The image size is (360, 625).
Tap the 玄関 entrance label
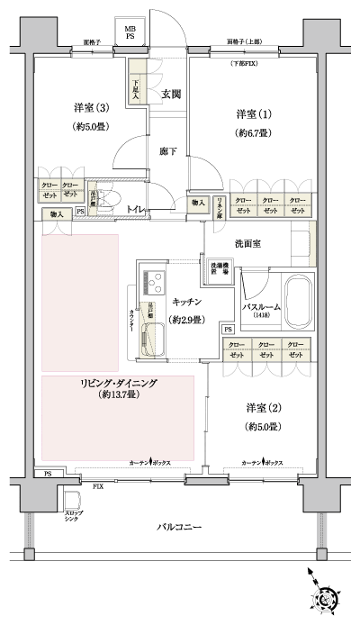click(x=172, y=93)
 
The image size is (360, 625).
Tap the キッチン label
click(x=186, y=302)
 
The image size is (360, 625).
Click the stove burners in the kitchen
click(x=149, y=276)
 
